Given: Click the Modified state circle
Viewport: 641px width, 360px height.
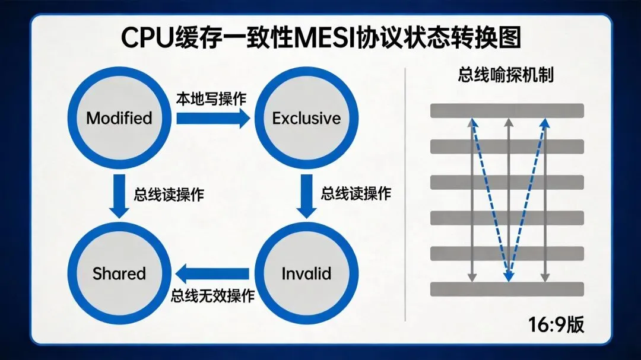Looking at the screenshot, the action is (119, 118).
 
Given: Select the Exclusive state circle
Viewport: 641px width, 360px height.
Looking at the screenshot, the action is (306, 118).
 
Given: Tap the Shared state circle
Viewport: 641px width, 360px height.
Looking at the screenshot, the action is (119, 273).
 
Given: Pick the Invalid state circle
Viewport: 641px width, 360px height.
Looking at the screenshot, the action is (306, 273).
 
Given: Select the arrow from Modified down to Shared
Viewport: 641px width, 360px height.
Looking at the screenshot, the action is (120, 196).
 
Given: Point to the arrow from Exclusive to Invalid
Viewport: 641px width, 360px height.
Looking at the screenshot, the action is (307, 196).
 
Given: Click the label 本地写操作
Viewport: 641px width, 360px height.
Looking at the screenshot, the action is (211, 98).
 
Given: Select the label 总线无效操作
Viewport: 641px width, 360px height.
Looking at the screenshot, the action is (212, 295).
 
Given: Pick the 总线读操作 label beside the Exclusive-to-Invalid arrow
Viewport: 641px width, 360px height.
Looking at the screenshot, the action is (356, 193).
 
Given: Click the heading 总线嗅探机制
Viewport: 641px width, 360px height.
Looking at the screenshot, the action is (506, 75).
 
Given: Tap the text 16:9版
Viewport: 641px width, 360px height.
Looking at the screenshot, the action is (556, 324).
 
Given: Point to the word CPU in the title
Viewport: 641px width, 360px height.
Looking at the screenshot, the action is (147, 38).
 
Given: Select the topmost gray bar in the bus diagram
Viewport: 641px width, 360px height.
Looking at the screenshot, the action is (507, 110).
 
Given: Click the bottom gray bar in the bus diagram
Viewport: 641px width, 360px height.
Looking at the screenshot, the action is (507, 289).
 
